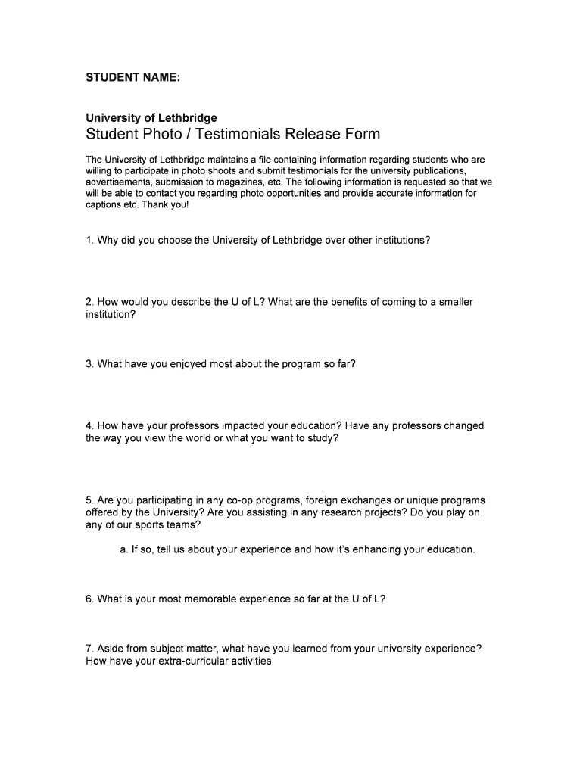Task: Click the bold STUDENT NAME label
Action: pyautogui.click(x=132, y=77)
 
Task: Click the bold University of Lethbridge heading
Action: pyautogui.click(x=151, y=117)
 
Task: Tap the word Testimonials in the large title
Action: pyautogui.click(x=228, y=135)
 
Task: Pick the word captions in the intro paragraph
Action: pyautogui.click(x=103, y=204)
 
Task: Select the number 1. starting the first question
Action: pyautogui.click(x=90, y=240)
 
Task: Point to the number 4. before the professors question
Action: pyautogui.click(x=90, y=425)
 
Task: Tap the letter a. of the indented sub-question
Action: pyautogui.click(x=123, y=549)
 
